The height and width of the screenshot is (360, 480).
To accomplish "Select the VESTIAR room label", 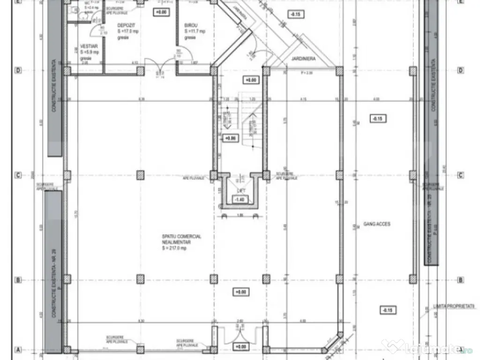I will pos(89,47).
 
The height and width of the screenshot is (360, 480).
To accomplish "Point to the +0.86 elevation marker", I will pos(230,138).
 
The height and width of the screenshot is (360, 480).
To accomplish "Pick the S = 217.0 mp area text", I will pos(174,248).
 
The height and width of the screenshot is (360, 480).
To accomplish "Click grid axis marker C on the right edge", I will pos(461,175).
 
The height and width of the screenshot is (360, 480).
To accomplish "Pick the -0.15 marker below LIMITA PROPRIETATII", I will pos(388,310).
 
